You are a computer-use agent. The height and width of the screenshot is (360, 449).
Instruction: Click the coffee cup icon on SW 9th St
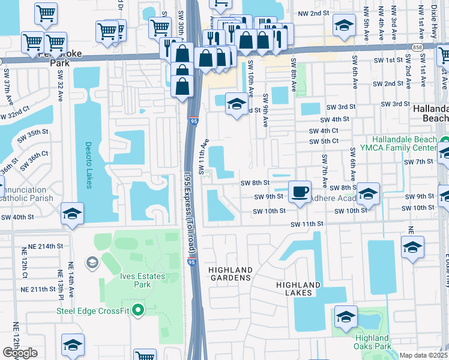point(300,192)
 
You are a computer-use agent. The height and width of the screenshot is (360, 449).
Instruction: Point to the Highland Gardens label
point(231,274)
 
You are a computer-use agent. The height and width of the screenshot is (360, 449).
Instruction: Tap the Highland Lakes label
point(299,289)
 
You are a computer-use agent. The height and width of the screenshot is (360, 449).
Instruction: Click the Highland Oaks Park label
point(372,342)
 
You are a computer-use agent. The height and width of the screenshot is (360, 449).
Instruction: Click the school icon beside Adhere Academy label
point(368,193)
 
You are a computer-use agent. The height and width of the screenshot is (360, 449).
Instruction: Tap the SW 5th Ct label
point(324,142)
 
